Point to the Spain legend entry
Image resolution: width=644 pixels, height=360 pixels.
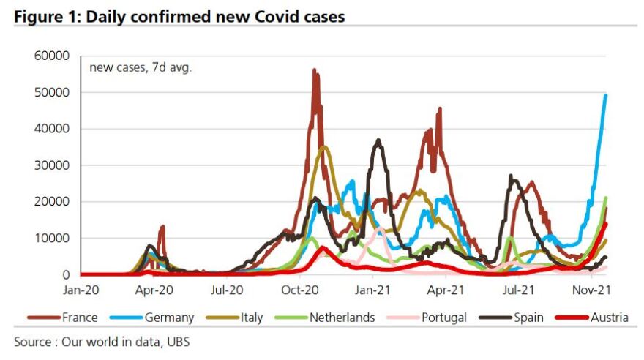pos(525,318)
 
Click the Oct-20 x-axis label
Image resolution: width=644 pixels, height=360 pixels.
pos(300,290)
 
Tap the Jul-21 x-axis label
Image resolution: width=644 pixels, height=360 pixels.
pos(518,290)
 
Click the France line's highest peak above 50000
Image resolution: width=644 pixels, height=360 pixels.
pos(314,70)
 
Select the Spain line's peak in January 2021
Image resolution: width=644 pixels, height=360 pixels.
pos(378,140)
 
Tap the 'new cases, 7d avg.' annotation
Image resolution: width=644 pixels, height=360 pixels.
pos(141,68)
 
